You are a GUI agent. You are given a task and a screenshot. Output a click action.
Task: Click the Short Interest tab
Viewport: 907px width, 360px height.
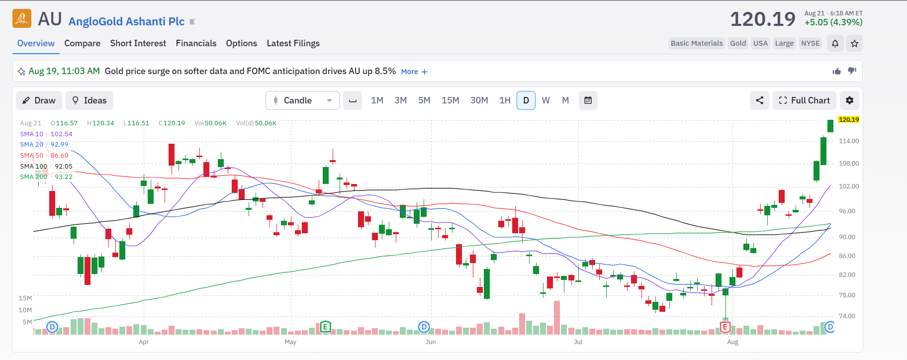138,43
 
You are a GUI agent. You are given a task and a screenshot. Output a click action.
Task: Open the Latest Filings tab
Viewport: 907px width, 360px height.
293,43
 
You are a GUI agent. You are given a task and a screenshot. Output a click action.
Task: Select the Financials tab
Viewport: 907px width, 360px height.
196,43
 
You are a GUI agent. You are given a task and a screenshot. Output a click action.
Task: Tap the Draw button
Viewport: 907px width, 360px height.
39,100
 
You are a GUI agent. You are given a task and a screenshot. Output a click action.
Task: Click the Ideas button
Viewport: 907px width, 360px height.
90,100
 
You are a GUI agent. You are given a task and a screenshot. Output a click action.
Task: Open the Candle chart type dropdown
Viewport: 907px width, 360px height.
302,100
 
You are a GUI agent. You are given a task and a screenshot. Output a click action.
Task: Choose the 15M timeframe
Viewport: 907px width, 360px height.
450,100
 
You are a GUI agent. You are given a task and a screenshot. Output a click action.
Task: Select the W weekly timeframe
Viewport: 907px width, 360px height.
545,100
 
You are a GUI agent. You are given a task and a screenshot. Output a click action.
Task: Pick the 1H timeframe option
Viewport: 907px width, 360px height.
505,100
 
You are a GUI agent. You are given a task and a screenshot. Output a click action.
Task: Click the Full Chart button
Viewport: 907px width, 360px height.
804,100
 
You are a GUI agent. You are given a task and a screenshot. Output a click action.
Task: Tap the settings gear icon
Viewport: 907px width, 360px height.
849,100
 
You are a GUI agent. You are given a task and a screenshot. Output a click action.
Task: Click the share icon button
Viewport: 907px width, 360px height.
759,100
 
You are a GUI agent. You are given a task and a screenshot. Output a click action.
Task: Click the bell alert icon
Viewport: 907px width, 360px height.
835,43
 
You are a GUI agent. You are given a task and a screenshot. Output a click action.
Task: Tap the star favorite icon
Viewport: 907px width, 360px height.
854,43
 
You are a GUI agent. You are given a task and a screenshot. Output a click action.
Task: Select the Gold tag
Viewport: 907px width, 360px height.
738,43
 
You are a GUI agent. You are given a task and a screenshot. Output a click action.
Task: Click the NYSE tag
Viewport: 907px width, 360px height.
810,43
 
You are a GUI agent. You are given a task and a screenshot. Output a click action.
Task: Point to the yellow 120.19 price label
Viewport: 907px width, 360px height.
848,120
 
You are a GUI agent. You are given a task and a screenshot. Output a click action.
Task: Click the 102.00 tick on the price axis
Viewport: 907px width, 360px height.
849,186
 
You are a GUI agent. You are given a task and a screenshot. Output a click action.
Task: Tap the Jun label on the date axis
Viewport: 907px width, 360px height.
431,342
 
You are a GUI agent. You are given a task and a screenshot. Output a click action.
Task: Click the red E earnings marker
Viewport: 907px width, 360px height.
725,327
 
